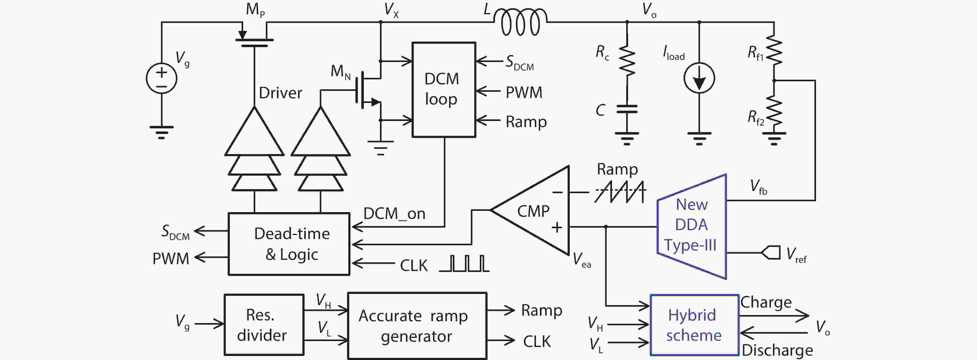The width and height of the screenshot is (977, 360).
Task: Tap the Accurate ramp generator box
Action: coord(417,326)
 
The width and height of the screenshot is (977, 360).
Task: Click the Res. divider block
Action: coord(264,325)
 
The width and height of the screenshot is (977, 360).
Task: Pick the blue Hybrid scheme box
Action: coord(694,325)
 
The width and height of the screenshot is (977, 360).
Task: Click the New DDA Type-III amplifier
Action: coord(692,226)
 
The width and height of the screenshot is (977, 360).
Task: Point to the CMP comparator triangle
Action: coord(535,211)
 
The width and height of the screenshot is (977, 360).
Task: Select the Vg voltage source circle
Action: coord(162,78)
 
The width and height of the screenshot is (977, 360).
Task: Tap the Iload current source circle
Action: coord(699,78)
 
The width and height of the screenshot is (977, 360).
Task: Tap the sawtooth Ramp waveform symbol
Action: coord(620,192)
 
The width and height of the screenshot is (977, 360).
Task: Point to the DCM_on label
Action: coord(394,214)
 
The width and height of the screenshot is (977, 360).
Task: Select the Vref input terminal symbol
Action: coord(771,253)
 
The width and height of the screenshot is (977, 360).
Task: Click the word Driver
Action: coord(280,93)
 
